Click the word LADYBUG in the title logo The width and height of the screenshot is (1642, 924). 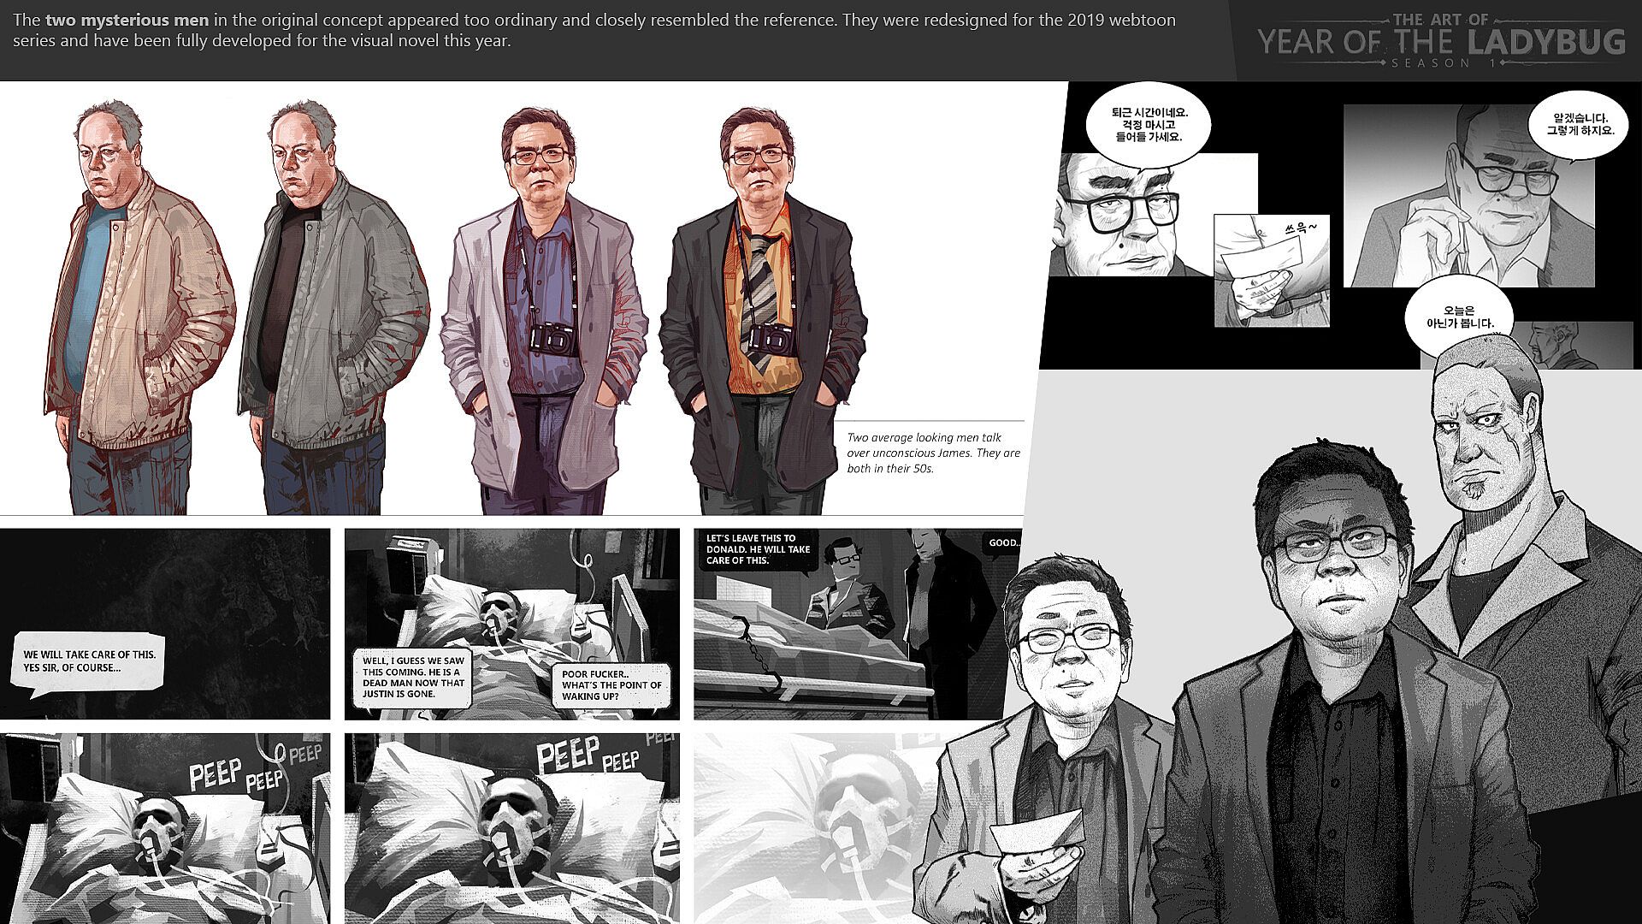1545,41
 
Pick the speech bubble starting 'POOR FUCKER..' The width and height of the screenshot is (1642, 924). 611,685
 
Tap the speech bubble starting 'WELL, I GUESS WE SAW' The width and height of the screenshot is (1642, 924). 414,677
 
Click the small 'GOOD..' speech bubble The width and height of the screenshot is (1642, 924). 1003,543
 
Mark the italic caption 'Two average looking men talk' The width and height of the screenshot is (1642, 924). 924,437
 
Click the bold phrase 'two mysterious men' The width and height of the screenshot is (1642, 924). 127,20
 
